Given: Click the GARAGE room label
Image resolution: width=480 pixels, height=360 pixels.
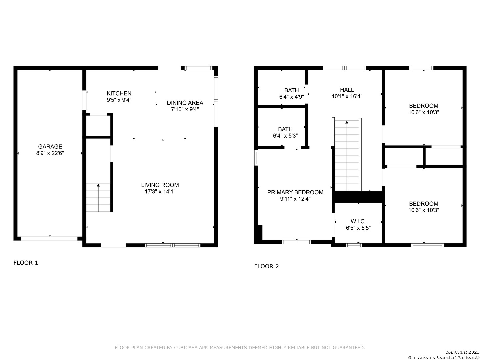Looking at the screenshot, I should click(x=50, y=146).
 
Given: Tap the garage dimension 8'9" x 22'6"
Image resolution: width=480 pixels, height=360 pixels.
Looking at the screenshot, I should click(x=50, y=153).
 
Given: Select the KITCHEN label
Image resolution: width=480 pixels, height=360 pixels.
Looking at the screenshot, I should click(x=119, y=93).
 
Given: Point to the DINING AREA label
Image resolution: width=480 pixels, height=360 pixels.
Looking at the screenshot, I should click(x=185, y=103).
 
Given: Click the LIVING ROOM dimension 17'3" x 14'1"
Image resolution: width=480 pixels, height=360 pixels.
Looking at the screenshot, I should click(x=160, y=192).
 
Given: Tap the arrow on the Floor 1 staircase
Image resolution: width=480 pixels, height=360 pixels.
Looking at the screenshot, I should click(x=98, y=185).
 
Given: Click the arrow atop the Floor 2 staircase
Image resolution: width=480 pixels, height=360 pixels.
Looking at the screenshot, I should click(x=347, y=122).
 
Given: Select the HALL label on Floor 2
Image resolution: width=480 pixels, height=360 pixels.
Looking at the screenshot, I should click(x=347, y=90).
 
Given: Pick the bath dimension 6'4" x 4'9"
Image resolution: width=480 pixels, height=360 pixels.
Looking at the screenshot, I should click(x=291, y=97).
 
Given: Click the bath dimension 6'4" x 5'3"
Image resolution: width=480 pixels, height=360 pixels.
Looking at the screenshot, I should click(x=285, y=136).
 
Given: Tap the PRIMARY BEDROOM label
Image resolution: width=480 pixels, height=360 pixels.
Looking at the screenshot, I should click(x=295, y=192).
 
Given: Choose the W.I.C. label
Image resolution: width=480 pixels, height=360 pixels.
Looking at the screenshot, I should click(x=358, y=221).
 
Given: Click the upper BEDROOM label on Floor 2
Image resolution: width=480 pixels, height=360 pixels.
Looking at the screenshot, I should click(x=424, y=106).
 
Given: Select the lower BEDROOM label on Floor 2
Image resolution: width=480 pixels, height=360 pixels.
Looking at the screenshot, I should click(x=424, y=204).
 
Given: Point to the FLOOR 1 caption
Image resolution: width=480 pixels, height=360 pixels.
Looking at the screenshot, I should click(x=26, y=263).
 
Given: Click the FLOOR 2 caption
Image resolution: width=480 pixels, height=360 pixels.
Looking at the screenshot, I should click(x=266, y=266).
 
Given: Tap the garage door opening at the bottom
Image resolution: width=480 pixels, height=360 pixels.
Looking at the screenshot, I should click(x=49, y=238).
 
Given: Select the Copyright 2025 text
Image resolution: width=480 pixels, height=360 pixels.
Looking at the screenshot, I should click(x=462, y=352).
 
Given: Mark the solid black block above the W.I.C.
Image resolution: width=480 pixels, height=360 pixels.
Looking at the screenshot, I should click(x=358, y=197).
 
